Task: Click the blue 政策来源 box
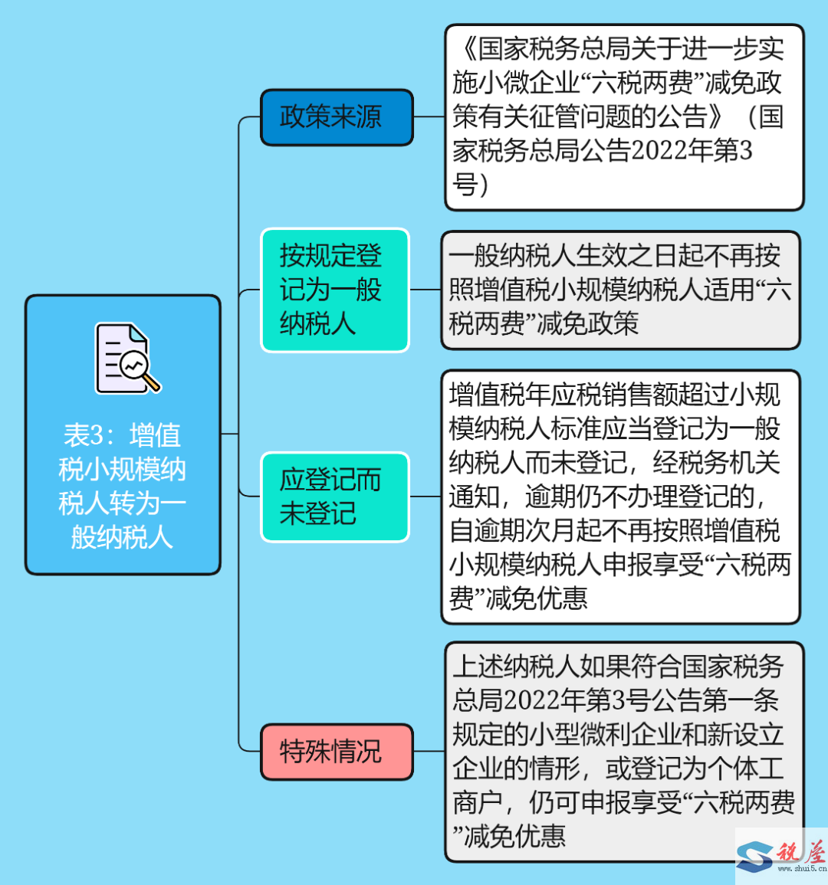point(337,116)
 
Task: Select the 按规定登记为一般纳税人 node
point(335,290)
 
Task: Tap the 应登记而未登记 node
point(335,497)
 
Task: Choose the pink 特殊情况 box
point(337,752)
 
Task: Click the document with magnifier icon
point(128,358)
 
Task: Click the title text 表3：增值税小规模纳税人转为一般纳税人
point(122,486)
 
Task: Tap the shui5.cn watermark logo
point(782,855)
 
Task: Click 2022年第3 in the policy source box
point(692,151)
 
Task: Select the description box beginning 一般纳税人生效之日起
point(621,290)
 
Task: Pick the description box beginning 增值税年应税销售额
point(621,497)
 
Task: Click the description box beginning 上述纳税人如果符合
point(624,752)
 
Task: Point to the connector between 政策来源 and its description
point(429,116)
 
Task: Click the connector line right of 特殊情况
point(429,752)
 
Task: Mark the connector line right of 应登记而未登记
point(426,497)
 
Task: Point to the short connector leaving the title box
point(229,434)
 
